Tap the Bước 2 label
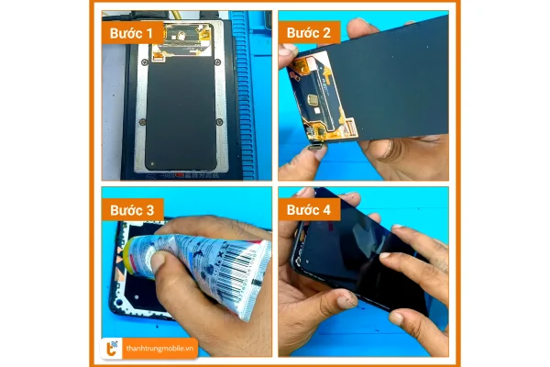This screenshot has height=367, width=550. (313, 32)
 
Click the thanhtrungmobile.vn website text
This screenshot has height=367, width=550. (161, 347)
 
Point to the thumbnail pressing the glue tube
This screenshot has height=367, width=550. (161, 267)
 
